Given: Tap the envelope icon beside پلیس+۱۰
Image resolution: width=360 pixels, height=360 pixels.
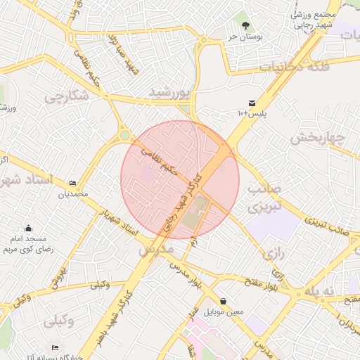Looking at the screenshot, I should click(x=252, y=103).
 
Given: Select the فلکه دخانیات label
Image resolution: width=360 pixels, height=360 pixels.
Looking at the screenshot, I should click(x=295, y=66).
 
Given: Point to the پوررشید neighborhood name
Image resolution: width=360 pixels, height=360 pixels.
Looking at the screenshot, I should click(x=170, y=92).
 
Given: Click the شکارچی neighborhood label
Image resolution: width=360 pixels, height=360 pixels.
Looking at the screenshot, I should click(x=67, y=97).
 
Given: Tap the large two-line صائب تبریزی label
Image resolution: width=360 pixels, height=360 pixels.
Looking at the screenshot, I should click(x=265, y=199).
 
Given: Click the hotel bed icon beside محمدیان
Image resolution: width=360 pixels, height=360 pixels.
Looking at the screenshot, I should click(x=72, y=183).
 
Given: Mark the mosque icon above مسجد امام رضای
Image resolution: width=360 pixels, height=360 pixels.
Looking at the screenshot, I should click(x=28, y=228).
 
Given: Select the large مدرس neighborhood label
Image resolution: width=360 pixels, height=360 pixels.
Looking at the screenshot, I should click(x=155, y=250).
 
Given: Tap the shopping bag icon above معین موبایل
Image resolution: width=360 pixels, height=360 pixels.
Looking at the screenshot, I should click(x=223, y=300).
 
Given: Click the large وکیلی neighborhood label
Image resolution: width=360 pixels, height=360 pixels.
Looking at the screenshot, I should click(x=60, y=321).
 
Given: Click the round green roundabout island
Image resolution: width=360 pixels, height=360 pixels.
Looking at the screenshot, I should click(x=124, y=136).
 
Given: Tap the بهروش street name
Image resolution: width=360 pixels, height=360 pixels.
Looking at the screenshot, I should click(x=58, y=276).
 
